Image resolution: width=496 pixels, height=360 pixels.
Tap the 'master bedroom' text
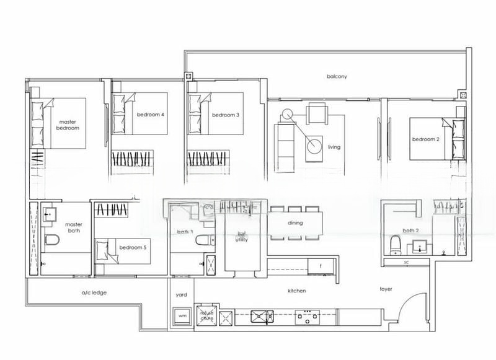(x=69, y=125)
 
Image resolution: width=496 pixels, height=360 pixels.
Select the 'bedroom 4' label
(x=151, y=115)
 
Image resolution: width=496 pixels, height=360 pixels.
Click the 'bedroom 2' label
(x=426, y=139)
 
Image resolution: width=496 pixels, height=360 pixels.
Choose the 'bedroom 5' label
(x=133, y=247)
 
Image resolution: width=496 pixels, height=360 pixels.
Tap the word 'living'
(x=334, y=147)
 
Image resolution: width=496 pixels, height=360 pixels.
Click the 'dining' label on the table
(x=296, y=222)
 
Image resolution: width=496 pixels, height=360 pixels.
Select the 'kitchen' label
(x=297, y=291)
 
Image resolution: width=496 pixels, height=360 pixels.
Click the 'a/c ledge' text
(x=94, y=292)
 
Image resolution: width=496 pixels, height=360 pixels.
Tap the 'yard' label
(x=182, y=295)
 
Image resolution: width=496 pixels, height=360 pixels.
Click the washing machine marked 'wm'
(x=182, y=316)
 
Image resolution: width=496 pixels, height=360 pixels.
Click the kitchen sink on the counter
(x=262, y=317)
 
